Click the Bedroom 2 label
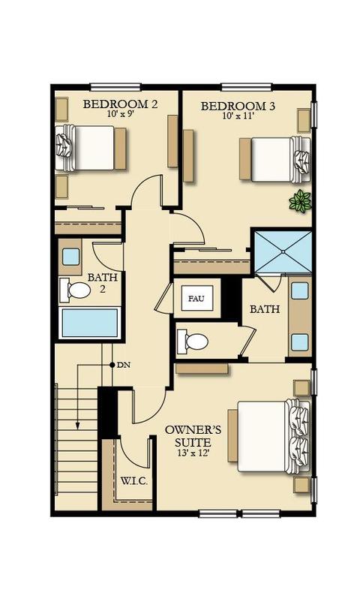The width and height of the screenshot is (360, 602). click(x=120, y=104)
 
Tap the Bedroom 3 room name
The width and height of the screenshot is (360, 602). click(x=238, y=106)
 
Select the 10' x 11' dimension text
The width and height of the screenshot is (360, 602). click(x=238, y=116)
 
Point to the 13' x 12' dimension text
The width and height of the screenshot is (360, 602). click(x=193, y=453)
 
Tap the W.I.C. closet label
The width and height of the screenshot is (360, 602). click(x=134, y=481)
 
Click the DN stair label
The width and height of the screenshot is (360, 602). click(x=124, y=365)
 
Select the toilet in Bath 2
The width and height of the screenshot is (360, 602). click(x=75, y=290)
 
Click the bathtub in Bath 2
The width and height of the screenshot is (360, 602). click(x=90, y=323)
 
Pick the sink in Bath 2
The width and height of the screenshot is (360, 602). click(x=71, y=257)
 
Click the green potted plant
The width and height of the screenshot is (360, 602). click(x=300, y=201)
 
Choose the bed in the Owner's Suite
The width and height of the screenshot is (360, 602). click(x=268, y=436)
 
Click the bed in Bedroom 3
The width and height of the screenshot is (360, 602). click(x=274, y=159)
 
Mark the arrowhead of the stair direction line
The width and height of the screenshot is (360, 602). click(x=77, y=426)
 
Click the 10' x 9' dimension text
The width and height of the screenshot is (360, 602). click(x=121, y=114)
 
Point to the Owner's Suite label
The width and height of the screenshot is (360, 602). click(x=193, y=436)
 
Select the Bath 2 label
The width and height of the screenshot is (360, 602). click(x=103, y=283)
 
